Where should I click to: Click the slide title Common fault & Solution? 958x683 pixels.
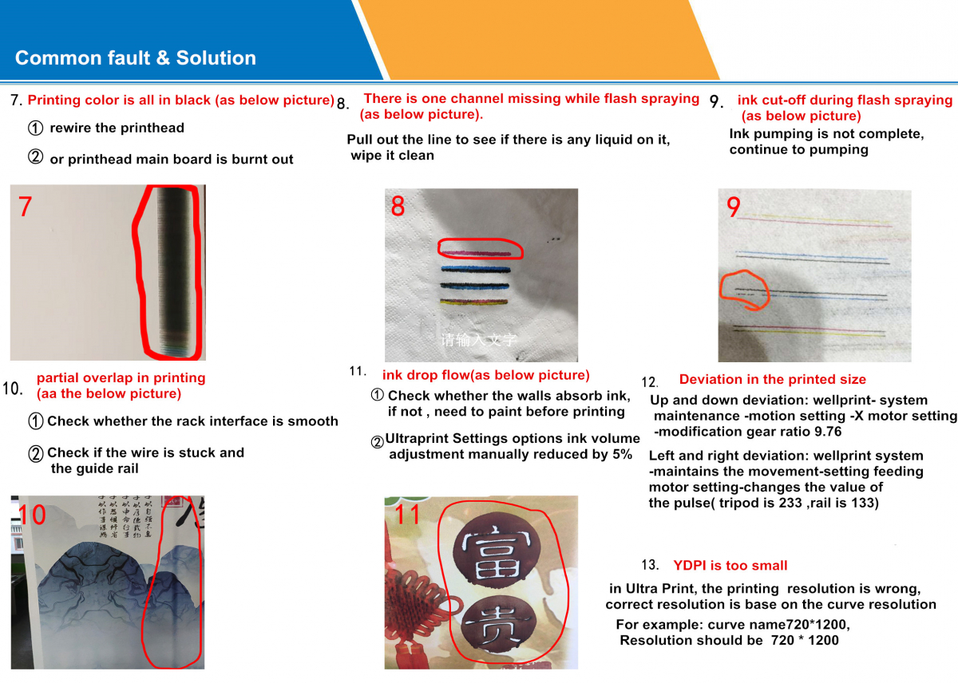tap(136, 58)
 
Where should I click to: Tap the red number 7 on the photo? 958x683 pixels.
tap(26, 206)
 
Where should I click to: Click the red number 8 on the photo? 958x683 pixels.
tap(398, 207)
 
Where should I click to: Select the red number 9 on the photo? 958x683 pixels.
tap(733, 207)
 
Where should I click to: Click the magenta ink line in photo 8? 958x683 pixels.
tap(474, 253)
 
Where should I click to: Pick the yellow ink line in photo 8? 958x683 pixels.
tap(474, 302)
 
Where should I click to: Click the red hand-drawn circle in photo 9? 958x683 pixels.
tap(744, 291)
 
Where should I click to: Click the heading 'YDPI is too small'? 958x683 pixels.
tap(730, 566)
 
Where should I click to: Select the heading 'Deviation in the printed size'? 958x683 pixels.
tap(772, 380)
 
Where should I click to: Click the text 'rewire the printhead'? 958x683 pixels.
tap(117, 128)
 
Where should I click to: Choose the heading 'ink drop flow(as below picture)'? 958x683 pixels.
tap(485, 375)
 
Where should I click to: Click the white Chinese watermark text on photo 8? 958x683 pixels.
tap(479, 340)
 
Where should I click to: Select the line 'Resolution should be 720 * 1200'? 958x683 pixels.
tap(729, 640)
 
